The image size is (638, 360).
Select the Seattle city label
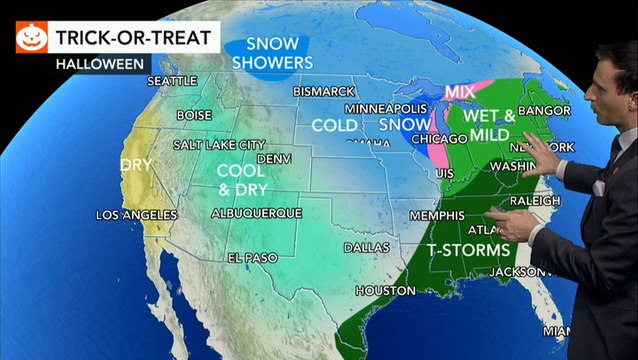(x=172, y=81)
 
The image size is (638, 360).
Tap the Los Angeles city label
(x=136, y=215)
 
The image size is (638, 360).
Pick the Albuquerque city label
(x=257, y=213)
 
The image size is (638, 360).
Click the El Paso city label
(x=249, y=258)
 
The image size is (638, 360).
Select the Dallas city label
(x=366, y=247)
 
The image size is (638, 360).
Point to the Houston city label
(x=385, y=291)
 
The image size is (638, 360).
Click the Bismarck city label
(x=324, y=91)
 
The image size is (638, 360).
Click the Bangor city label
(x=548, y=110)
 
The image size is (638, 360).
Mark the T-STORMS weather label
(x=468, y=249)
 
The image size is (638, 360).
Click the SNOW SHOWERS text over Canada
(x=266, y=53)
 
